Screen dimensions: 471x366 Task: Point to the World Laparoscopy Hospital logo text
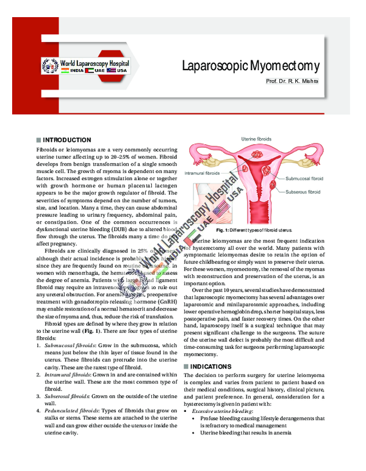coord(95,63)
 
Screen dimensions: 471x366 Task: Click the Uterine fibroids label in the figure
coord(257,140)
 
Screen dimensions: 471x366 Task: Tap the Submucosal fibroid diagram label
coord(304,179)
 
